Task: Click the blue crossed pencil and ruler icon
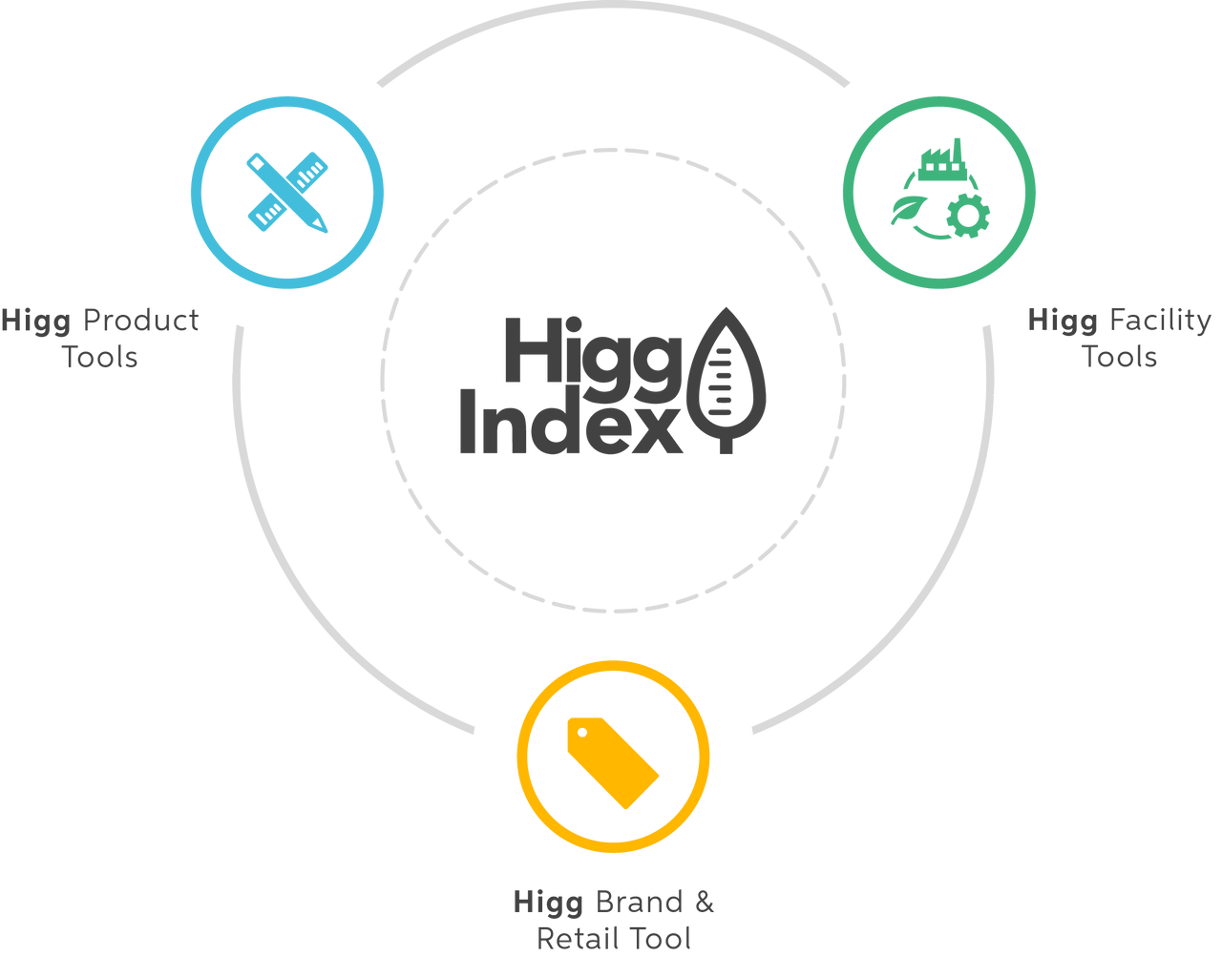(287, 193)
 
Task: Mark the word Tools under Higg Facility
(1121, 359)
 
